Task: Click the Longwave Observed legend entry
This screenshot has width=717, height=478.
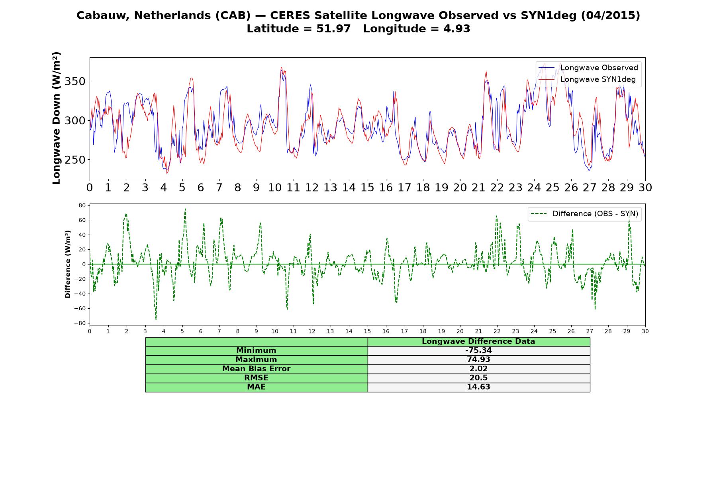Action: (588, 68)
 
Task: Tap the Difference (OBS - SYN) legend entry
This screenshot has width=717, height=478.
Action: (585, 214)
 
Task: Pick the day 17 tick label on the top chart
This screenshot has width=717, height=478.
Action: (404, 188)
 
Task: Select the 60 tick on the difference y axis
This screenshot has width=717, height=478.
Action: (82, 220)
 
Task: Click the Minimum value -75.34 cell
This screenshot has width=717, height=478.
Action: (478, 351)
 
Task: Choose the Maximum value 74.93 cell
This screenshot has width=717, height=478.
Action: (478, 360)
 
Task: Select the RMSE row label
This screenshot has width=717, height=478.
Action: (256, 378)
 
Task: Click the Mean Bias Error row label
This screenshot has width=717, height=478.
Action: (256, 369)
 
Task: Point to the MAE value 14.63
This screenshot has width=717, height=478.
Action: (478, 387)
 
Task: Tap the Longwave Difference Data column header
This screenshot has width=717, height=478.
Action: (478, 341)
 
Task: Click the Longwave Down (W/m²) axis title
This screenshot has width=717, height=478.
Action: (56, 118)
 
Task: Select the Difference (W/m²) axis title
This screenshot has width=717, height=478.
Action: (68, 264)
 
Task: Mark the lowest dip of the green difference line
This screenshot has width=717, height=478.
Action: (156, 319)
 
